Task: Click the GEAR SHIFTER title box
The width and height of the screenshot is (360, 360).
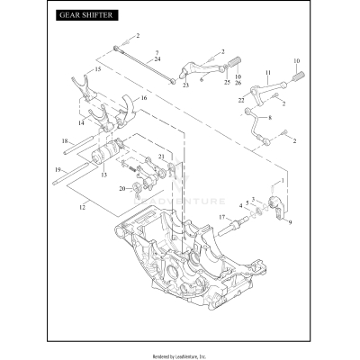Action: click(x=87, y=17)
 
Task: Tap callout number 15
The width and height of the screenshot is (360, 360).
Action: click(x=99, y=69)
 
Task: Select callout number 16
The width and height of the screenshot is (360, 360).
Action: click(x=144, y=97)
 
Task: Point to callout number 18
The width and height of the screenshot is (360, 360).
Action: click(x=65, y=141)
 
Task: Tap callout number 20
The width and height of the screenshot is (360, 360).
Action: click(x=122, y=188)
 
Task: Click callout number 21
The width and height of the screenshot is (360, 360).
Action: click(x=163, y=157)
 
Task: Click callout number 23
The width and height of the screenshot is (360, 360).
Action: click(x=185, y=85)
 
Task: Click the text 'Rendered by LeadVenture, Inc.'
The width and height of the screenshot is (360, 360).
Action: click(x=180, y=354)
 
